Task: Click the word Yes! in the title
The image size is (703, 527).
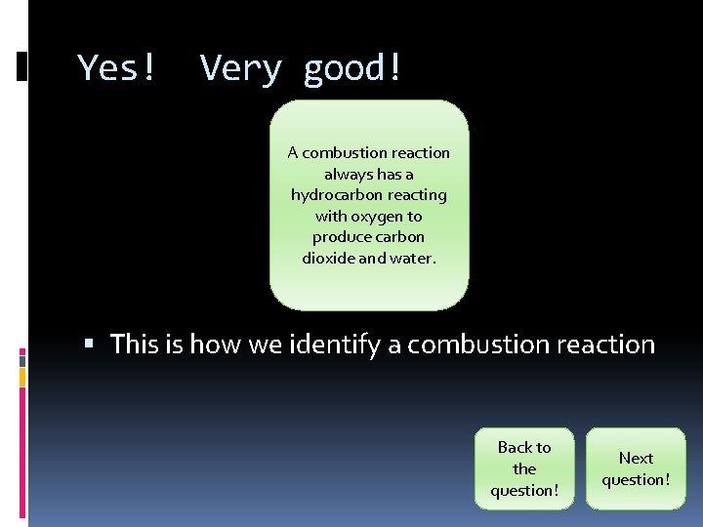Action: (x=117, y=68)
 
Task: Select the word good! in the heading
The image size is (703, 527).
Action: (x=352, y=68)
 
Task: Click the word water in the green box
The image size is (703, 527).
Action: (x=414, y=259)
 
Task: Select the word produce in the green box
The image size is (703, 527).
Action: (x=336, y=237)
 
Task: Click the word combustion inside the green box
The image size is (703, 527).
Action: (x=342, y=152)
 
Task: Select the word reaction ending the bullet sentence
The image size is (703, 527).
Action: (x=606, y=345)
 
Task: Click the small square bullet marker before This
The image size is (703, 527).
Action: (x=90, y=345)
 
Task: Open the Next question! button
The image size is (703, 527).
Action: (x=636, y=468)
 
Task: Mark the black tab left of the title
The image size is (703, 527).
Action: (x=22, y=65)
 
